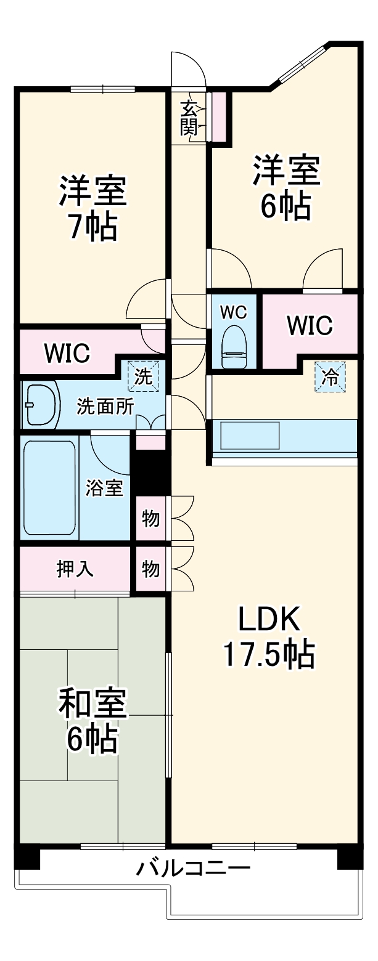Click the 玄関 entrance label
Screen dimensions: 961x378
189,118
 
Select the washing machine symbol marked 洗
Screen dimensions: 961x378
143,376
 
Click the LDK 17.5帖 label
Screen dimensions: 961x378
269,637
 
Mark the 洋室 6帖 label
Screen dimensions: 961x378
285,188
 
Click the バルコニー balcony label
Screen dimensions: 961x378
193,870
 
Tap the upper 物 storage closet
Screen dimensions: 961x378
151,519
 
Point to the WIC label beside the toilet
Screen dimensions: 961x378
310,325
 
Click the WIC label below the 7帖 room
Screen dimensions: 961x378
67,354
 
